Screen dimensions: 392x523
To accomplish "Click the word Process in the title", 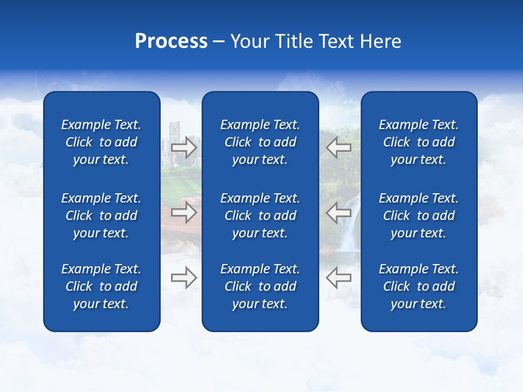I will click(171, 41).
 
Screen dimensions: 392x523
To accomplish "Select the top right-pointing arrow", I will click(184, 147).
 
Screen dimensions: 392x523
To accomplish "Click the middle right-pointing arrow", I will click(184, 212).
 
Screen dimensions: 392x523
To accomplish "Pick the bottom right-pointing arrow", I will click(184, 278).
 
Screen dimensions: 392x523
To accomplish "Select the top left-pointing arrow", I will click(338, 147).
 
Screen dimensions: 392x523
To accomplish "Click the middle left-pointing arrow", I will click(338, 212).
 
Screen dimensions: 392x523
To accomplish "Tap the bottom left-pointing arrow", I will click(338, 278).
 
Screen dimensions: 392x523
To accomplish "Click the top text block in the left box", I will click(101, 142).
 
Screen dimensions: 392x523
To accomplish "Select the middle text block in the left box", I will click(101, 216).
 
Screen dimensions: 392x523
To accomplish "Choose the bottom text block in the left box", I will click(101, 286).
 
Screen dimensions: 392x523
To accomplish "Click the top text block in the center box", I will click(260, 142).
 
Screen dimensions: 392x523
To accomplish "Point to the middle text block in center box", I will click(260, 216).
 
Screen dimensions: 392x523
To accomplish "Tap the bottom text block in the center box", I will click(260, 286).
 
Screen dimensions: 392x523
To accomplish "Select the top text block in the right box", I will click(418, 142).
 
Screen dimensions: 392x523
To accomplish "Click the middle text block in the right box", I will click(418, 216).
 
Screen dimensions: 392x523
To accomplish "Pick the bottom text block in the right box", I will click(418, 286).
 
